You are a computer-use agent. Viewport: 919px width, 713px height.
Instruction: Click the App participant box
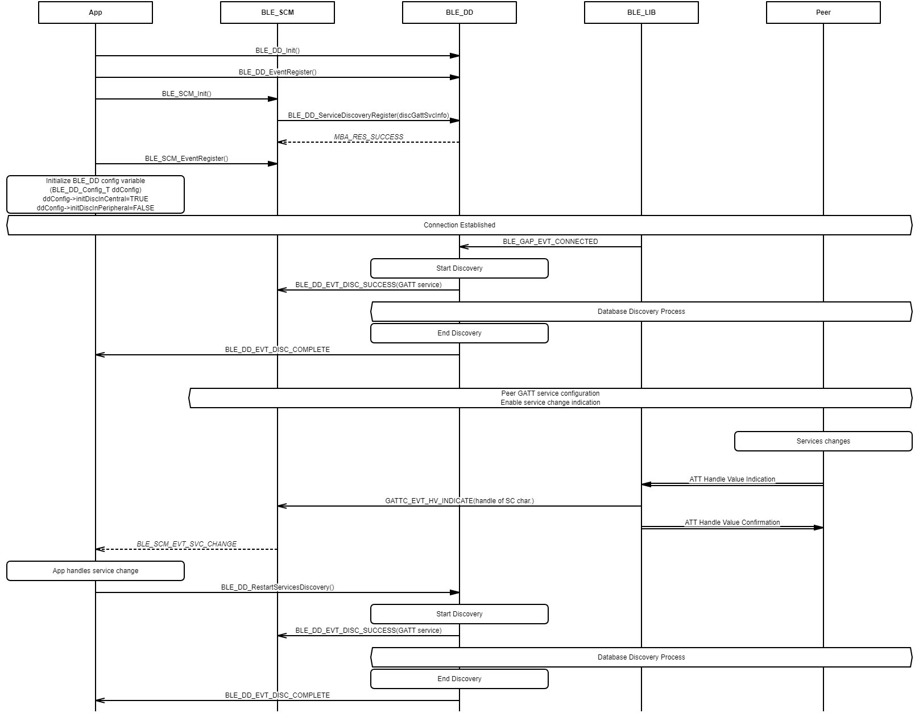click(96, 13)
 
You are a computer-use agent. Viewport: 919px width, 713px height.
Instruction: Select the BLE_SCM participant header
click(278, 13)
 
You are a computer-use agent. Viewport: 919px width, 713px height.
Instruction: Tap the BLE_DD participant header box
click(459, 13)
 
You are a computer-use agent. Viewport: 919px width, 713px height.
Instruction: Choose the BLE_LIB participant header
click(641, 13)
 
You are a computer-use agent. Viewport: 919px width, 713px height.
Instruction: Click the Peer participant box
click(823, 13)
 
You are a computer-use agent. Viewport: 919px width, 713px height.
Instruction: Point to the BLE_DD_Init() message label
click(278, 51)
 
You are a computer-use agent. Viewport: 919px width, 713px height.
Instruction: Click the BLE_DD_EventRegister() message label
click(278, 72)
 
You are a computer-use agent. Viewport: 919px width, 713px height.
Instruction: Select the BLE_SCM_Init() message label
click(187, 94)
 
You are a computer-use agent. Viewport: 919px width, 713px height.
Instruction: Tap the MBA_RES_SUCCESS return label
click(369, 137)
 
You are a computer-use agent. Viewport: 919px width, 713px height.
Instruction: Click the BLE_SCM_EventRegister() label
click(187, 159)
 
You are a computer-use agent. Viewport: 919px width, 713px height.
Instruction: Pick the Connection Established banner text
click(459, 225)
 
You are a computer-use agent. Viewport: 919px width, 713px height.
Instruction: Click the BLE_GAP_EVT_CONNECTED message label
click(550, 242)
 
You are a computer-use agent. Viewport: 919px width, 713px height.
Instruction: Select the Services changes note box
click(823, 441)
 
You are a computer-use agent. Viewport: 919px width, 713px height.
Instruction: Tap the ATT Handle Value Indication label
click(732, 479)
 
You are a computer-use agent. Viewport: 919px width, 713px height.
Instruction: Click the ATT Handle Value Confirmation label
click(732, 523)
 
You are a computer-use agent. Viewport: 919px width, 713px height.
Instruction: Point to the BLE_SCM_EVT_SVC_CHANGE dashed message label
click(187, 544)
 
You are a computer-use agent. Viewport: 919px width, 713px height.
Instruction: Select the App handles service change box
click(96, 571)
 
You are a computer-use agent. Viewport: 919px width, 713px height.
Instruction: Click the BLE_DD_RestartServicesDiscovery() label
click(278, 587)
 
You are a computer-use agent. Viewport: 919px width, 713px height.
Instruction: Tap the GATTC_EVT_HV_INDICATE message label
click(459, 501)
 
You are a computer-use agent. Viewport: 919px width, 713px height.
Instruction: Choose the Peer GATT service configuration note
click(550, 398)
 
